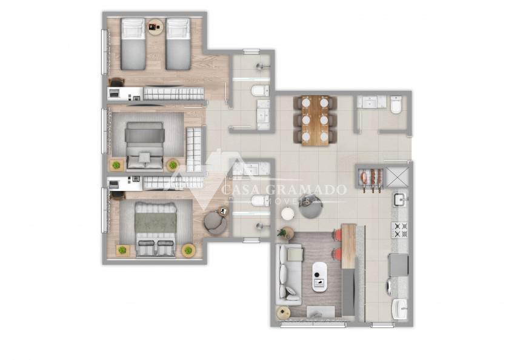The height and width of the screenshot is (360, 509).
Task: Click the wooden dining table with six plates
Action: (315, 121)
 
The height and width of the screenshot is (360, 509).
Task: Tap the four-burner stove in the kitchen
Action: (399, 230)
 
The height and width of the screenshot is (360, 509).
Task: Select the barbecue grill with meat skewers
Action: (371, 179)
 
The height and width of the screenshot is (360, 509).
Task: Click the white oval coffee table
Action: (319, 276)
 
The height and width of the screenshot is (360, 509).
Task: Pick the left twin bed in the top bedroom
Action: (133, 44)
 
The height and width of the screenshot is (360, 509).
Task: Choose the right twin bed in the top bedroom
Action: (178, 44)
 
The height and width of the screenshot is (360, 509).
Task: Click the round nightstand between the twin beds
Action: (156, 27)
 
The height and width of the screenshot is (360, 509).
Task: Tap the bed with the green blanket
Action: (156, 230)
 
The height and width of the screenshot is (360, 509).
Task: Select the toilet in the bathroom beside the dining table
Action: (396, 104)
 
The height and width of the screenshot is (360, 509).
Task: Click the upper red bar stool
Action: (338, 234)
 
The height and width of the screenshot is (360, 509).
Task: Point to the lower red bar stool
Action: (338, 253)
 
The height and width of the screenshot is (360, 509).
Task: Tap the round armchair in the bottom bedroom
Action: (215, 222)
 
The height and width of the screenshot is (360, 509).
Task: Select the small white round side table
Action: (288, 214)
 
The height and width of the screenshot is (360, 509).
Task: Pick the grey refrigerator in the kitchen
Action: (399, 265)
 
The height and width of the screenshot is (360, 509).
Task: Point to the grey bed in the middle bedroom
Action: (144, 145)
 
